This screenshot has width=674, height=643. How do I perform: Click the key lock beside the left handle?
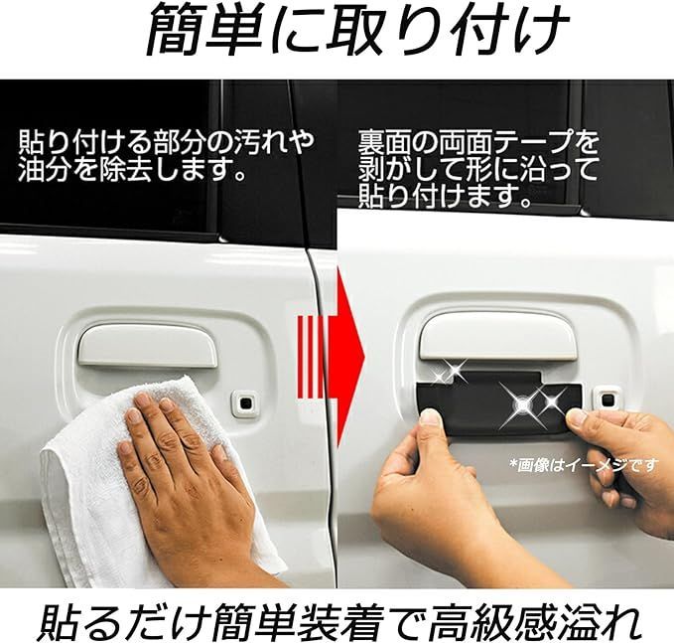(244, 402)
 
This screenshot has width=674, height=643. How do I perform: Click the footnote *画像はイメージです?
(584, 464)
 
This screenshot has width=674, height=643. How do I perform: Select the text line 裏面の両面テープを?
(479, 139)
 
